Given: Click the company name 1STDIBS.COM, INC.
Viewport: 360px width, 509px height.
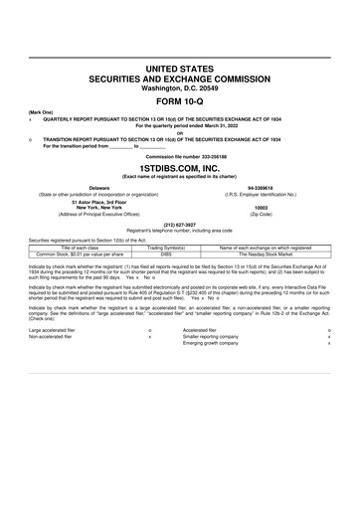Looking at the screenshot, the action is click(180, 169).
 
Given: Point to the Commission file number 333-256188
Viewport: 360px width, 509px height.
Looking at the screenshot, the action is click(180, 158).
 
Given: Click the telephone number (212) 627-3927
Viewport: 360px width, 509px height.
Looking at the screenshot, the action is click(180, 224).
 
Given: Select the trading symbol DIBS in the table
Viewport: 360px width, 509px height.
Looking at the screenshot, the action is click(167, 254).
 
